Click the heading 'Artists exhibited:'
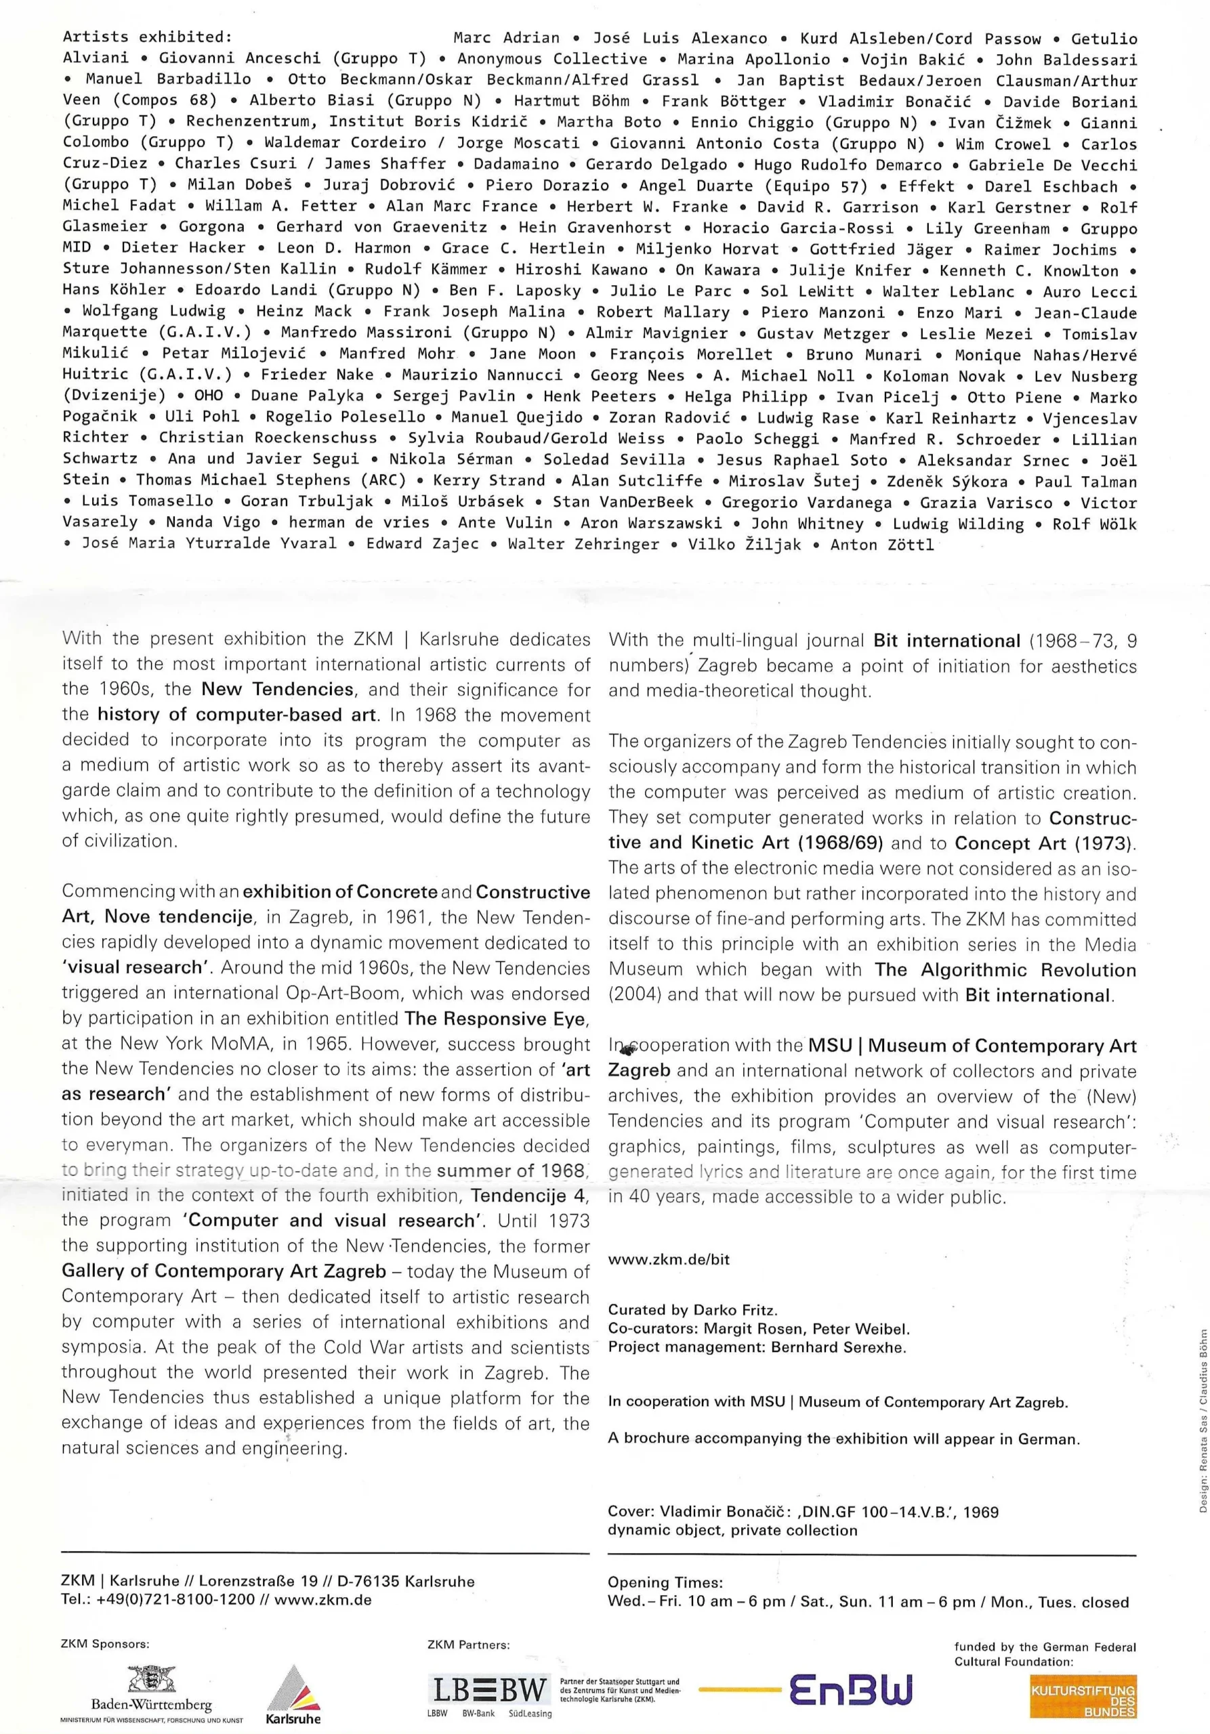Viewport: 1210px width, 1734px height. pos(147,37)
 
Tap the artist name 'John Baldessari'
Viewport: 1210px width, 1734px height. pos(1066,60)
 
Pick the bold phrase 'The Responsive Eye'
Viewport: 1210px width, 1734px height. pos(496,1019)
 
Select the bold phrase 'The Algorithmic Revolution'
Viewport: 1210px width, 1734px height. pos(1005,971)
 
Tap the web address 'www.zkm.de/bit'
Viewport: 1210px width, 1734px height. pos(669,1259)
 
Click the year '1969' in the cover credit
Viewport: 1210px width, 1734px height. pos(980,1512)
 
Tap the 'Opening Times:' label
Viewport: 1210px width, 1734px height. pos(665,1582)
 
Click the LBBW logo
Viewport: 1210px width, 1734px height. pos(488,1689)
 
